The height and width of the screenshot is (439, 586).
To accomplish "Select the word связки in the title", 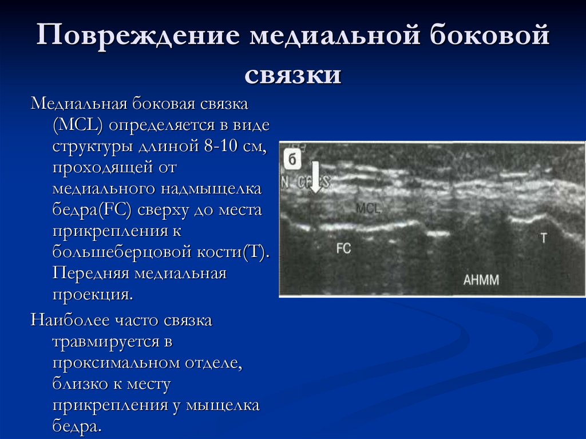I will click(293, 76).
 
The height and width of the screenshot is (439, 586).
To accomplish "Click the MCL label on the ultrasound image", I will click(368, 209).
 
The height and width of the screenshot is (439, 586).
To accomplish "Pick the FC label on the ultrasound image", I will click(343, 248).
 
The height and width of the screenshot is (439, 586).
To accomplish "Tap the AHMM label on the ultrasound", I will click(481, 280).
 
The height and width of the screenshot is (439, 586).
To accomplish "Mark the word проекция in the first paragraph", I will click(91, 294).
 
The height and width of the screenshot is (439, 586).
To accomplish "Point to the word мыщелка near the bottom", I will click(225, 405).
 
